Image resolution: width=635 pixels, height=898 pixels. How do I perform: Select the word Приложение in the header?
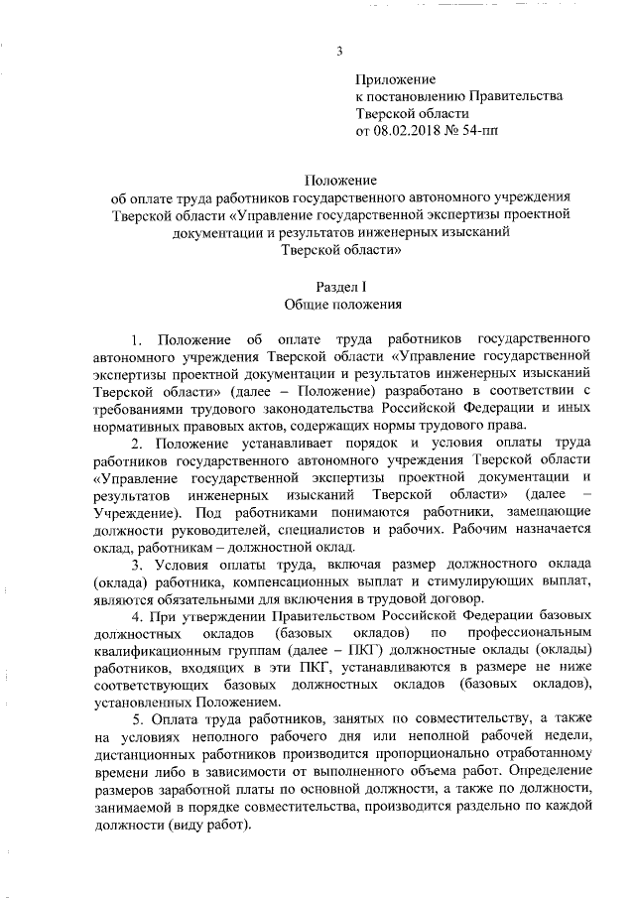395,78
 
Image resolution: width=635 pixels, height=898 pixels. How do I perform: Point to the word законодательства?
332,408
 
